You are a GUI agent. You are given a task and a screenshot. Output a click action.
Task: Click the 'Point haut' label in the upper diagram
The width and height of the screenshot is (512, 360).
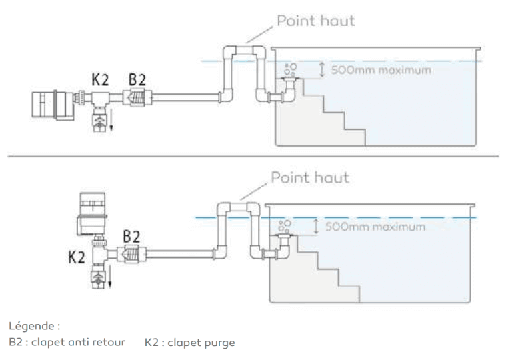(316, 20)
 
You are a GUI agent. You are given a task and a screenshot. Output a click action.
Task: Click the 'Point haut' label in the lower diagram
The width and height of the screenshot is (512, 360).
(309, 178)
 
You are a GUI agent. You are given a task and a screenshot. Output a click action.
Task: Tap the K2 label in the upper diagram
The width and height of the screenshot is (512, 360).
(100, 79)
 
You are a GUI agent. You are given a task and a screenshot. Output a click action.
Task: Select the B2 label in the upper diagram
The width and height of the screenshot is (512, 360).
(137, 79)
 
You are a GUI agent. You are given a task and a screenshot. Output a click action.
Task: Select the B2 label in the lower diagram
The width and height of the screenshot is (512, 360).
(131, 236)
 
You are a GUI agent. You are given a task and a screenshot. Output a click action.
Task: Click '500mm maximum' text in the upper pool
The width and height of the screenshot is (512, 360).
(381, 69)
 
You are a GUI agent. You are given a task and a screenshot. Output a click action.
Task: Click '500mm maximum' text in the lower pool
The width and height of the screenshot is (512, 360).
(375, 227)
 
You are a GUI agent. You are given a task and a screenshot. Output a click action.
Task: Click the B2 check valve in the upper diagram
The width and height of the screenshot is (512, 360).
(137, 98)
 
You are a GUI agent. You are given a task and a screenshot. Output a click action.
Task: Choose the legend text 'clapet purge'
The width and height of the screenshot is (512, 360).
(203, 342)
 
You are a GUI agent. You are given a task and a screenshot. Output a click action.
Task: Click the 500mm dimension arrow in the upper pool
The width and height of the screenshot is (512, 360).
(323, 69)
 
